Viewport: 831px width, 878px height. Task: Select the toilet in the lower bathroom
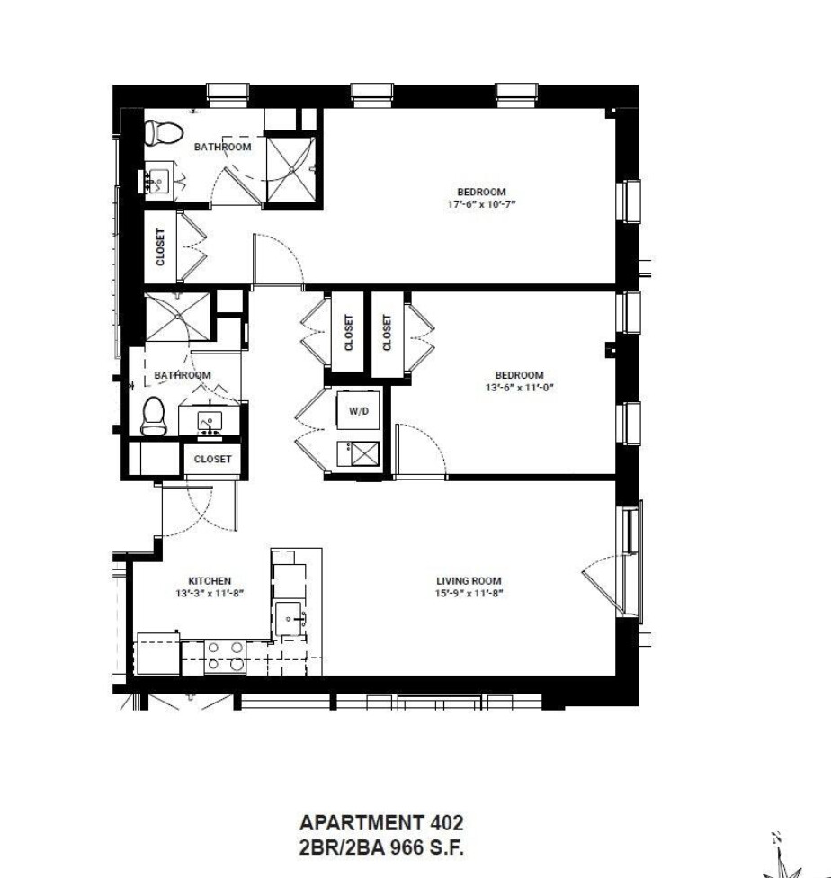[155, 416]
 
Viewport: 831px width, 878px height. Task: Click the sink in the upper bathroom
[158, 181]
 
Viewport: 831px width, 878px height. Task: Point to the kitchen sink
[290, 618]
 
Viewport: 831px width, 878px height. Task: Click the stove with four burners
[225, 656]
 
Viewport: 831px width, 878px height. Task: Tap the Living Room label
[469, 581]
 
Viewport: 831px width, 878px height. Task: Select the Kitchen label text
[210, 581]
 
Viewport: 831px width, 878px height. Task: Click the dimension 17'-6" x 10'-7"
[481, 204]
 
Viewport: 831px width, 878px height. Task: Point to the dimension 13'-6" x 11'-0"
[519, 389]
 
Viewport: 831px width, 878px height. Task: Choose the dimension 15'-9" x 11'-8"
[469, 594]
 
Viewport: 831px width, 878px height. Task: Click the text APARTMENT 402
[381, 822]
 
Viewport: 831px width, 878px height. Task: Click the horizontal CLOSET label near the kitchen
[213, 459]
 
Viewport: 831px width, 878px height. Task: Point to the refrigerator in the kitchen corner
[157, 654]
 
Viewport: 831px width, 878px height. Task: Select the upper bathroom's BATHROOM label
[222, 147]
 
